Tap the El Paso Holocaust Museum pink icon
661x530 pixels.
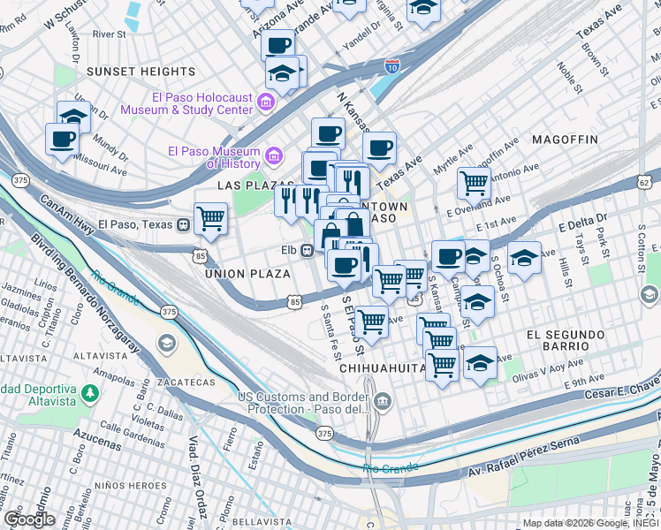264,104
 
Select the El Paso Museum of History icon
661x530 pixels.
274,157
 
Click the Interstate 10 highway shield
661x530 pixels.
392,64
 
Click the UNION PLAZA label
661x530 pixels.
247,275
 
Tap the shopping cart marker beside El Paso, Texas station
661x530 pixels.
210,217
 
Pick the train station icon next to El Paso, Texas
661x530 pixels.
184,224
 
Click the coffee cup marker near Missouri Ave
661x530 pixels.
62,139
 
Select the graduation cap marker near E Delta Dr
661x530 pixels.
524,257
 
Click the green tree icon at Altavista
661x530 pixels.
88,392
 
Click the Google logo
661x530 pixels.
28,519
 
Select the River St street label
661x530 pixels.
110,34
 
